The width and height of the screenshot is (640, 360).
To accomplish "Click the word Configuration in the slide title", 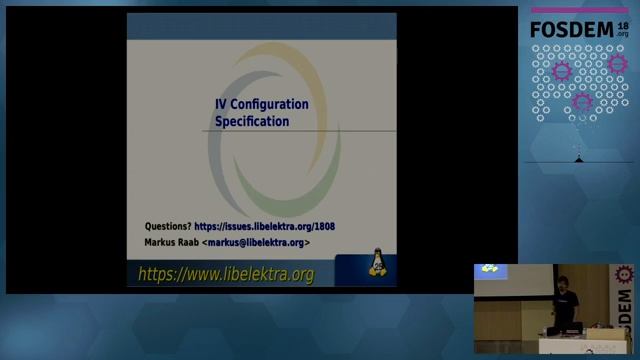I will click(270, 104).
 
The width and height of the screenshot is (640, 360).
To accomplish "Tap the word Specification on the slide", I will click(252, 121).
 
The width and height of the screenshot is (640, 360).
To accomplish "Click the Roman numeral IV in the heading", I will click(222, 104).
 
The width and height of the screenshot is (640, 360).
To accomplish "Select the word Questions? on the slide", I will click(168, 226).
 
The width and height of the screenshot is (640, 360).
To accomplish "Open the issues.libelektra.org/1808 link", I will click(265, 226).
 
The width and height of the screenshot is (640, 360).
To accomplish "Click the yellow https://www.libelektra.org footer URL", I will click(226, 273).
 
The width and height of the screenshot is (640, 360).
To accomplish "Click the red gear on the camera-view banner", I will click(626, 272).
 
